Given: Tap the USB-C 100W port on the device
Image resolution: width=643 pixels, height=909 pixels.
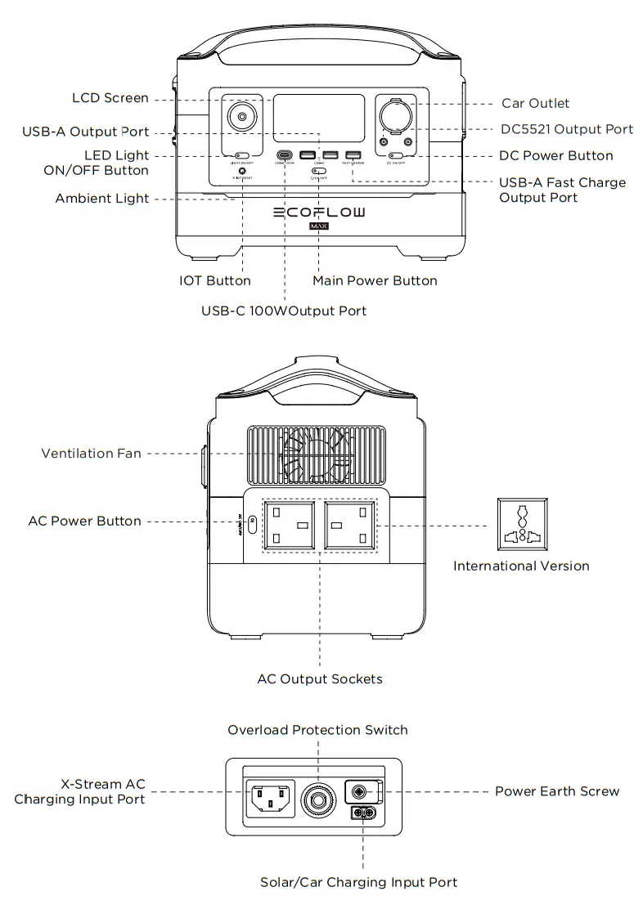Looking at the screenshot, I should point(284,155).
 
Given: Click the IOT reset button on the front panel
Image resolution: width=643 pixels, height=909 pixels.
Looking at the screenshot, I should point(243,170).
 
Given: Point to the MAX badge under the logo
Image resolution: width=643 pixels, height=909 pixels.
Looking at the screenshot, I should point(319,226).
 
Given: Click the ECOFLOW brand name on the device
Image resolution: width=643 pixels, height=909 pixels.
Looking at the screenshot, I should point(319,212).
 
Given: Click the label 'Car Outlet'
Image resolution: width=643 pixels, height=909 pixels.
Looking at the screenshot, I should point(535,103).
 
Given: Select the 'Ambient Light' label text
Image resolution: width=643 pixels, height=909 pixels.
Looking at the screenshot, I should point(102,199).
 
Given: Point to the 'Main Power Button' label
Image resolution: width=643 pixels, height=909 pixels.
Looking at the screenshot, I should point(375,280).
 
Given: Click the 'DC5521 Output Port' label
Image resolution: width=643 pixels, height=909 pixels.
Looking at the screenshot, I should point(567,129).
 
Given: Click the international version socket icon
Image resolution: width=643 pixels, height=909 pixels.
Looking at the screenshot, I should point(522,525).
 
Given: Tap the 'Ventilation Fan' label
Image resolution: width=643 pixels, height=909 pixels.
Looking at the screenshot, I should point(92,453).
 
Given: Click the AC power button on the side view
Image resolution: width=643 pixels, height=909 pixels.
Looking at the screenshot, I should point(252,523).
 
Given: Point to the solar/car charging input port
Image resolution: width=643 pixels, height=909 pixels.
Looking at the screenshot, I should point(362,813).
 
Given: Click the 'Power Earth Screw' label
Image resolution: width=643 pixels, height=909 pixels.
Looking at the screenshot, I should point(557,791).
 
